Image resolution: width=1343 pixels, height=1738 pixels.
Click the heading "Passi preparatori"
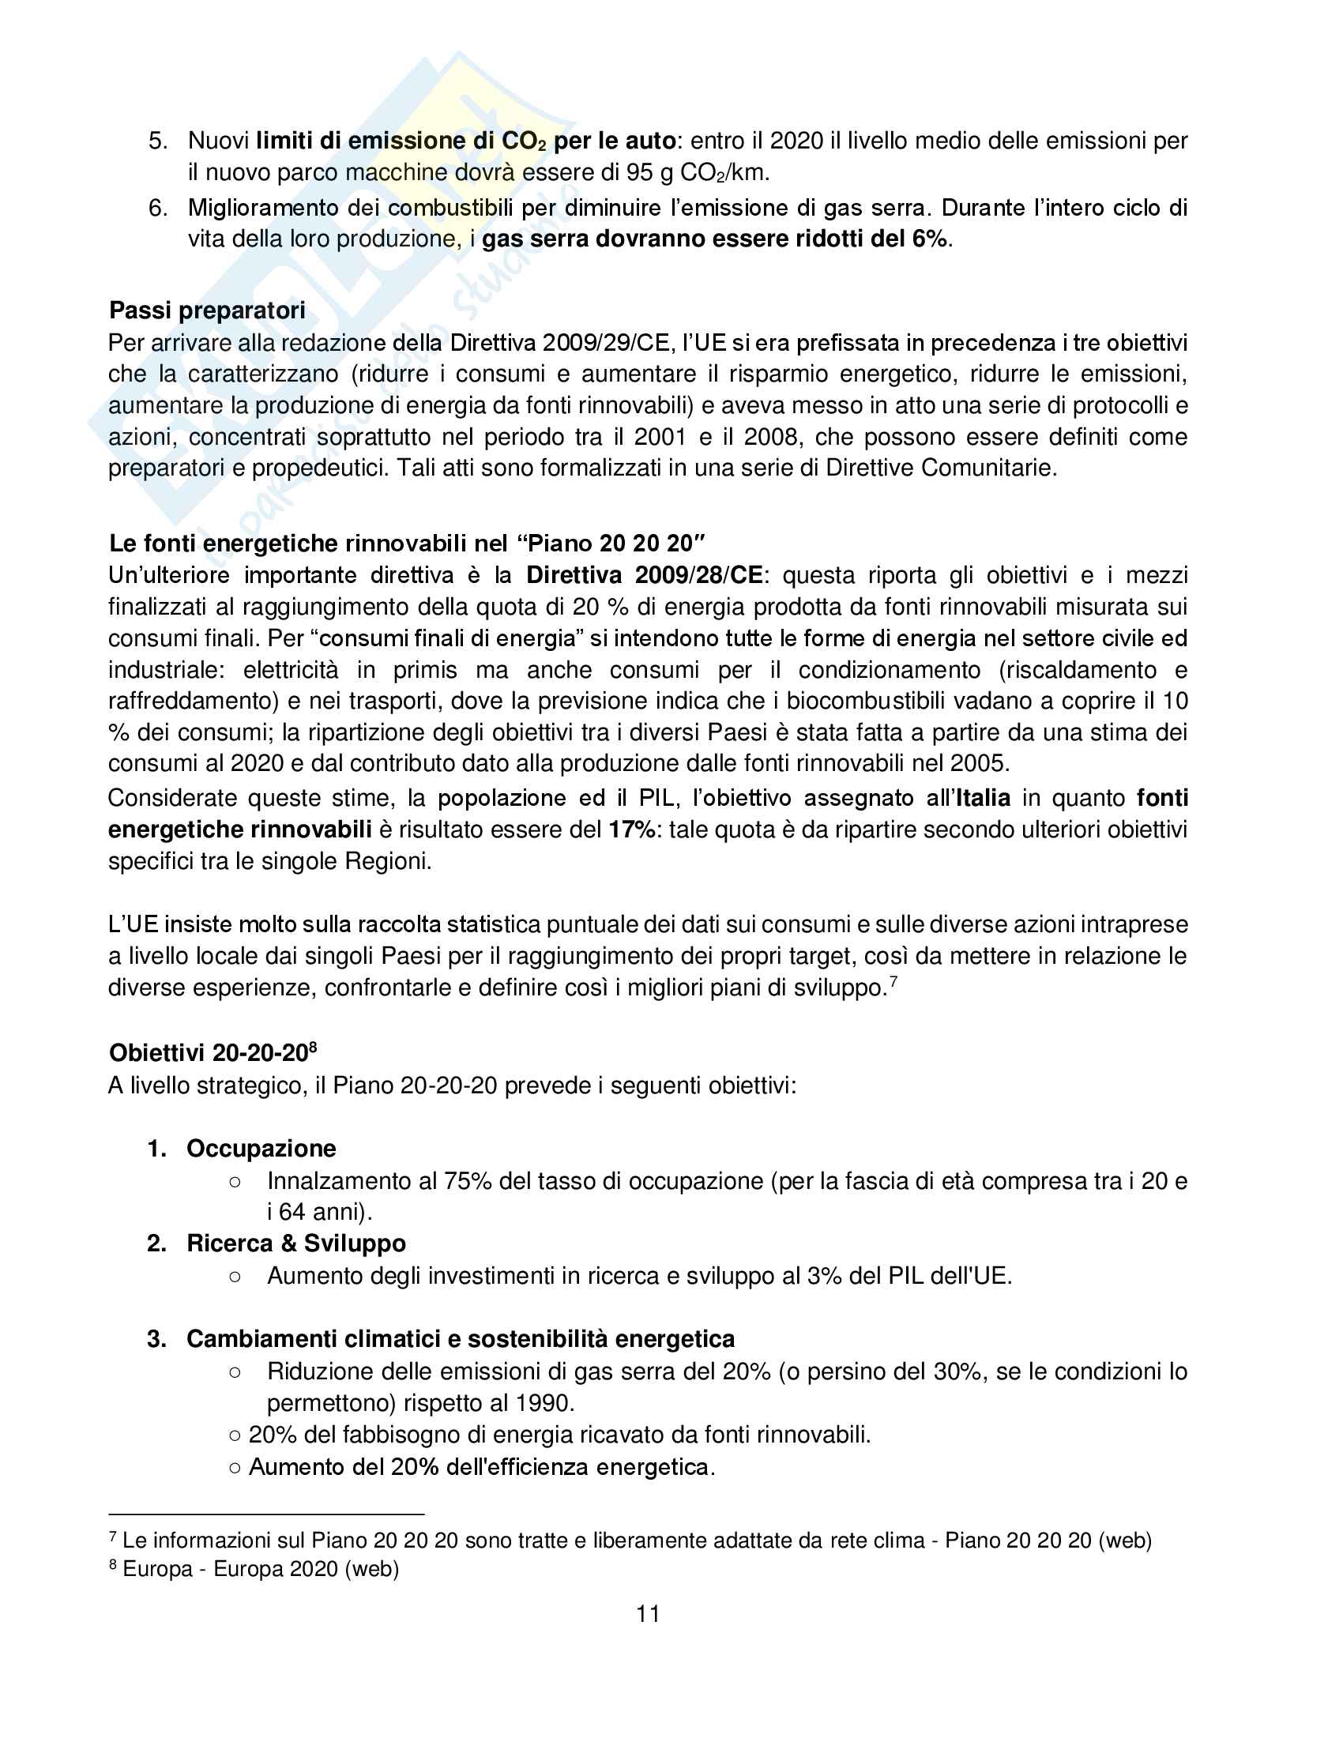click(x=207, y=310)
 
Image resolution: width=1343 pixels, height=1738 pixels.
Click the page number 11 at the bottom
click(x=648, y=1613)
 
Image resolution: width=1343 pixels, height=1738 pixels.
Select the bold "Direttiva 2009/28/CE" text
click(x=645, y=575)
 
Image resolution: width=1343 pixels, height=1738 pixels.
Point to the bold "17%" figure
click(x=632, y=830)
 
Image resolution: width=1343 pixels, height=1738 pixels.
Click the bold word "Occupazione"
click(x=261, y=1149)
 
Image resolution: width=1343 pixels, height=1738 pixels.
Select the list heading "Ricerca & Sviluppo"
click(x=296, y=1243)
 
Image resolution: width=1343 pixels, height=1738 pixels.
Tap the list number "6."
click(x=157, y=209)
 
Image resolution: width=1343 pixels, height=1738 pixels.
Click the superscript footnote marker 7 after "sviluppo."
click(x=893, y=982)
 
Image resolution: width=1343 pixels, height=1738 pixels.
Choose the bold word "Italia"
click(x=983, y=798)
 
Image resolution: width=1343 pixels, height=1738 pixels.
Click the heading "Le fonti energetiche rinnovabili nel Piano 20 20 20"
click(x=408, y=544)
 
